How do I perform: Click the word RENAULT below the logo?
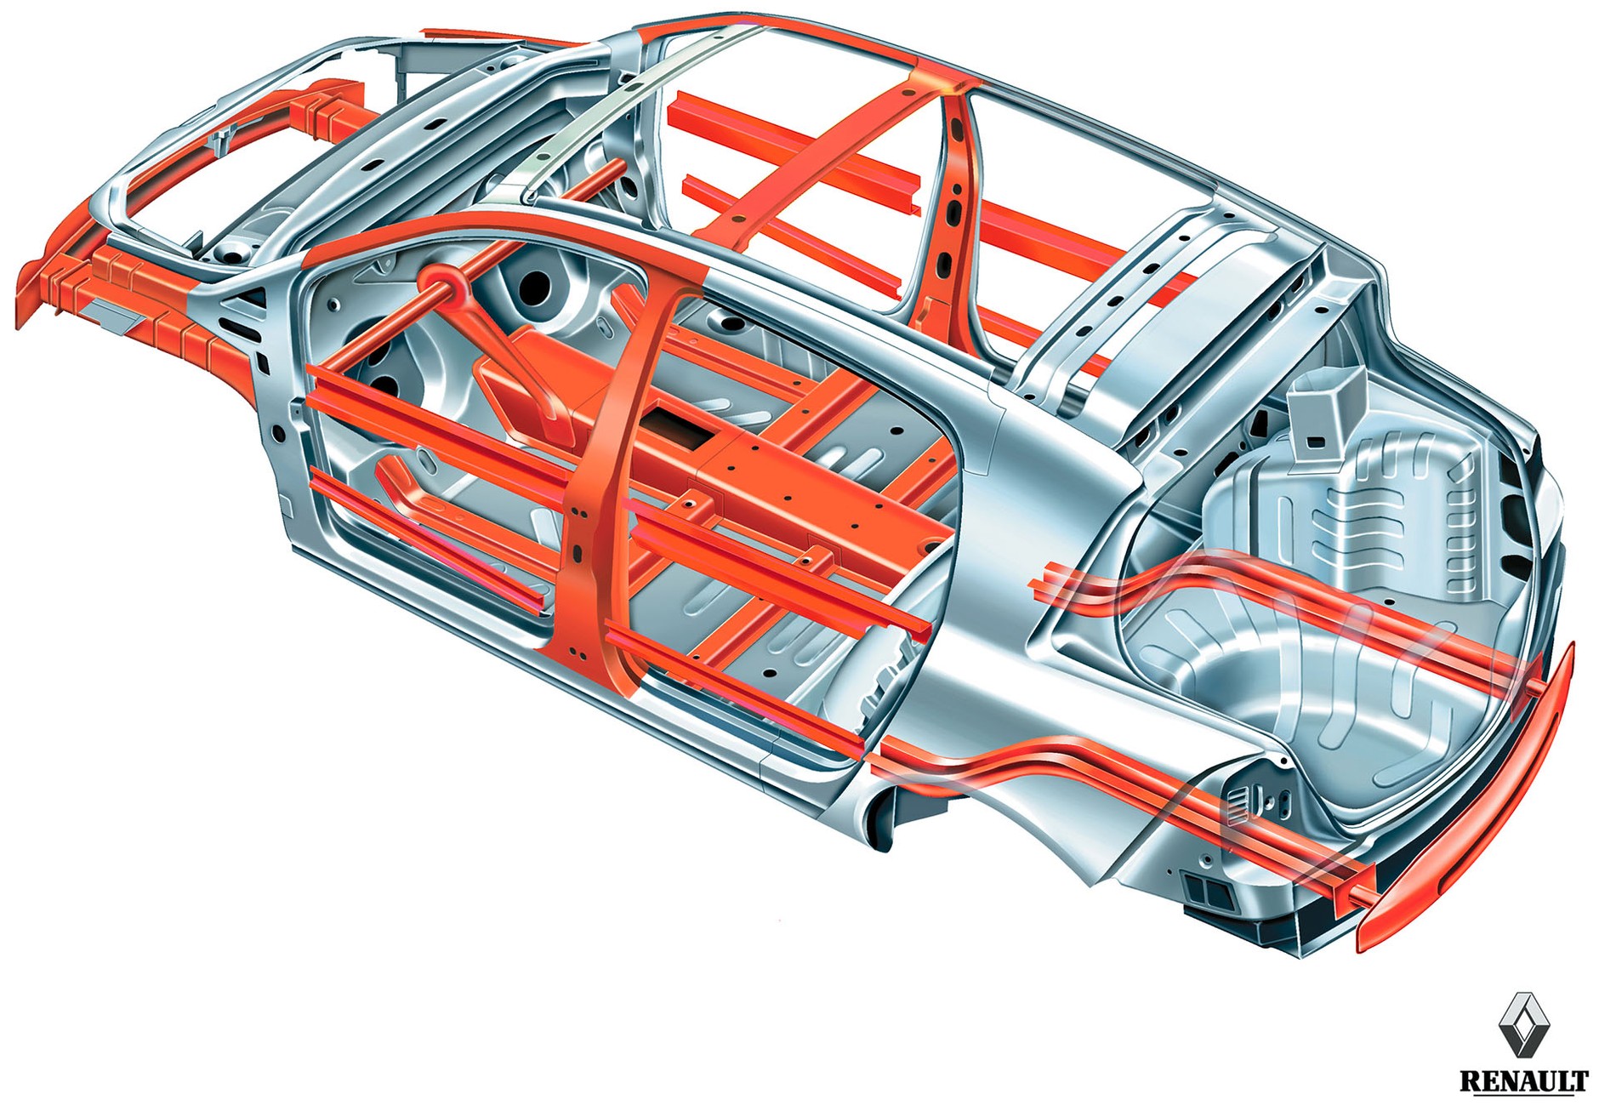(x=1523, y=1080)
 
